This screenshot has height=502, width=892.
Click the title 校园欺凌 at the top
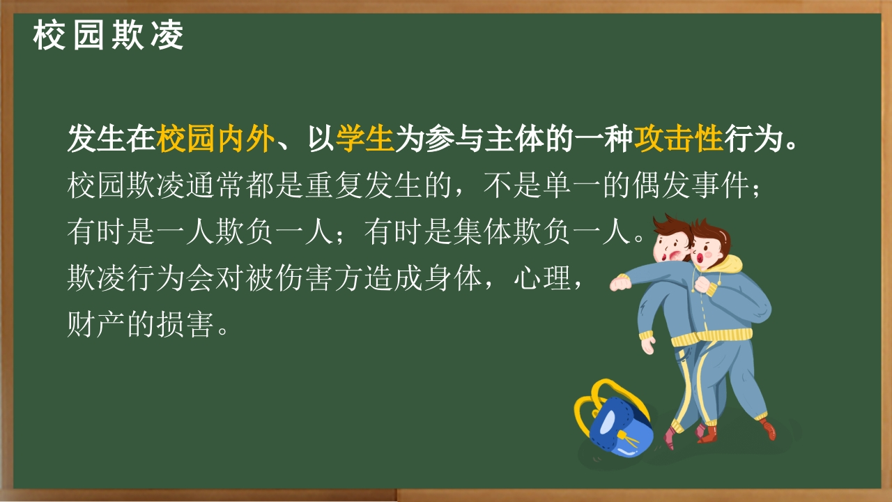tap(108, 36)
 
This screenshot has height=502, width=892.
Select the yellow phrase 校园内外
tap(215, 139)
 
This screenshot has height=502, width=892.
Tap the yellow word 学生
tap(364, 139)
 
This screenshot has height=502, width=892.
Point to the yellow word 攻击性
tap(678, 139)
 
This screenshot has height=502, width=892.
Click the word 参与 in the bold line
tap(454, 139)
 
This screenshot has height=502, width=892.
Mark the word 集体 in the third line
tap(484, 232)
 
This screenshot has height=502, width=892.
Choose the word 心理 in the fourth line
tap(544, 278)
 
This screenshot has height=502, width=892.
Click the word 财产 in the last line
tap(96, 324)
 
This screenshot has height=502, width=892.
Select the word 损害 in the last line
tap(185, 324)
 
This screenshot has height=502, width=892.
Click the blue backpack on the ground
tap(620, 427)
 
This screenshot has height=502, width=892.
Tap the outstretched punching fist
tap(620, 283)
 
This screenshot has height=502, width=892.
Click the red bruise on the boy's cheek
tap(676, 255)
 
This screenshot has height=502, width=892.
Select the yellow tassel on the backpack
tap(629, 441)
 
